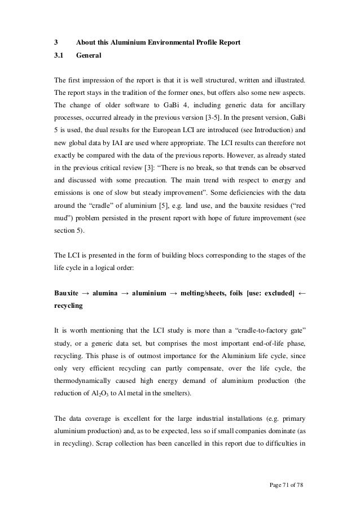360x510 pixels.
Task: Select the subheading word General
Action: click(x=89, y=56)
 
